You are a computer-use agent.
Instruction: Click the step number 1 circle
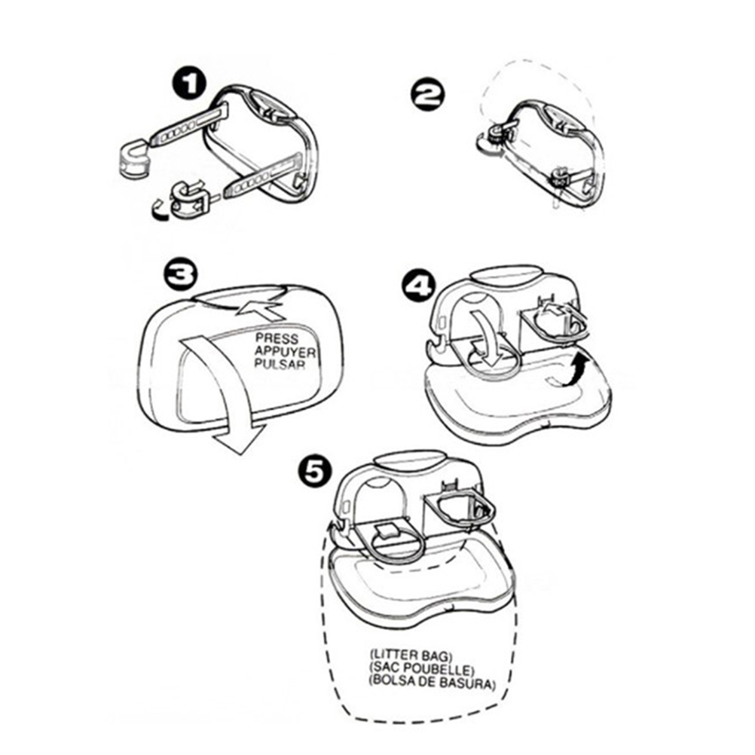coord(189,85)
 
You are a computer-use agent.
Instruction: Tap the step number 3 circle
coord(180,274)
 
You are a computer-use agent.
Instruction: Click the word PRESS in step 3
coord(277,338)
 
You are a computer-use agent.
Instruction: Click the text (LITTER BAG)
coord(411,655)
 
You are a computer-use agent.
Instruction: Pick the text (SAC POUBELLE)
coord(422,668)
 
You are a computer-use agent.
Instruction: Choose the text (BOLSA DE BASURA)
coord(432,683)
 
